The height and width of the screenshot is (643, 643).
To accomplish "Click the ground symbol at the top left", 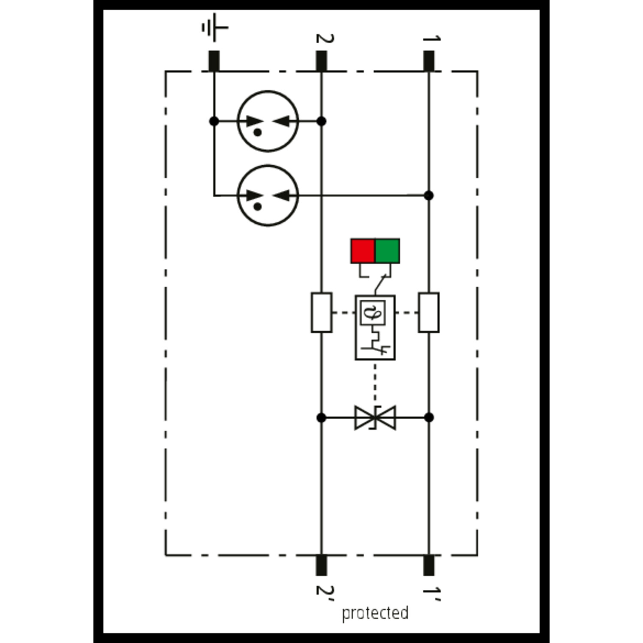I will [214, 27].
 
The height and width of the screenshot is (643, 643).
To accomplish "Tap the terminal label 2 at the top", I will [325, 39].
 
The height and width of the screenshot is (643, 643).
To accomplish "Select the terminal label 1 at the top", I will [431, 39].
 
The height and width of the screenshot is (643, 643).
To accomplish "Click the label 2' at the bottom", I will [325, 590].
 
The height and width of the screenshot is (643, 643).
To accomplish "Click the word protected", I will [375, 613].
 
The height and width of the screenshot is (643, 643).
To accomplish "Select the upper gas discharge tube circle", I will [268, 121].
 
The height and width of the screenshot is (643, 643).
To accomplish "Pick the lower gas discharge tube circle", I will [268, 195].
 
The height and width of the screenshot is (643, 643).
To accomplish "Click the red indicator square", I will [363, 251].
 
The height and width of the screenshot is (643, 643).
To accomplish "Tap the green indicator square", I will [388, 251].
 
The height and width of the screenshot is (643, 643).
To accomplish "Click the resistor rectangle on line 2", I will [321, 312].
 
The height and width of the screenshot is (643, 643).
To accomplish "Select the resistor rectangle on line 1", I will [429, 312].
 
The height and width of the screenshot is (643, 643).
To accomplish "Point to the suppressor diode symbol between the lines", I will [375, 418].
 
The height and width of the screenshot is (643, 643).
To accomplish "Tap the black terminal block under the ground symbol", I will [214, 61].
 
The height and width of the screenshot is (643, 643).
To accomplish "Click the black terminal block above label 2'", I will [321, 565].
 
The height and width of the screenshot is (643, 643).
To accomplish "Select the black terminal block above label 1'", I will [429, 565].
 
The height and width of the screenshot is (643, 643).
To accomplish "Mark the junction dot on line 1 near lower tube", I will [429, 195].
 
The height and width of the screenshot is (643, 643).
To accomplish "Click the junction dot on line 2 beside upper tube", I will [321, 121].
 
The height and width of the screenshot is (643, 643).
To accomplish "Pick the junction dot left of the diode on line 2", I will [321, 418].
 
